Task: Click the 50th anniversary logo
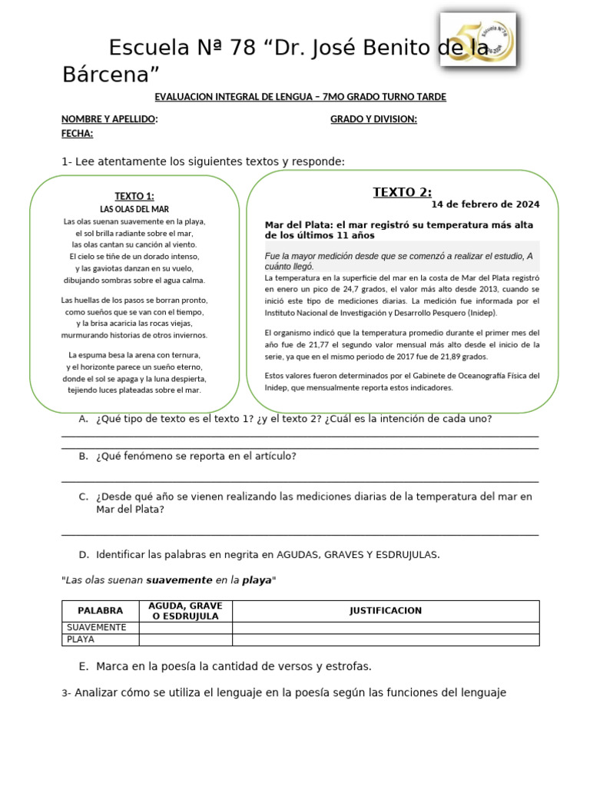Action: click(477, 38)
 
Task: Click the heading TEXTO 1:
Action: click(134, 196)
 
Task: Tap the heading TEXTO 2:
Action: click(402, 192)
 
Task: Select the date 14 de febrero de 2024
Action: click(485, 204)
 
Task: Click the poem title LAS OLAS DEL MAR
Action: click(134, 209)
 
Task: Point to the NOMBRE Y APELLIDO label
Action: click(109, 119)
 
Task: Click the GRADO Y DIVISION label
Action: click(373, 119)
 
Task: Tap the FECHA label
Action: click(77, 133)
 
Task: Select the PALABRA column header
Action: click(100, 611)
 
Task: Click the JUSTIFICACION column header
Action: click(385, 611)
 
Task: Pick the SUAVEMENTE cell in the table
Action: click(96, 628)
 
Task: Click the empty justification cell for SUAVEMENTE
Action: click(385, 628)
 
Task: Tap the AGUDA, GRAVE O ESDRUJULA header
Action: click(185, 611)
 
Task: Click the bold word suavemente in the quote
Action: click(179, 580)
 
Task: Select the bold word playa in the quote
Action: click(257, 580)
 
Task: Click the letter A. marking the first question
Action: click(83, 419)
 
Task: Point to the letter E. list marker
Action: click(83, 666)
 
